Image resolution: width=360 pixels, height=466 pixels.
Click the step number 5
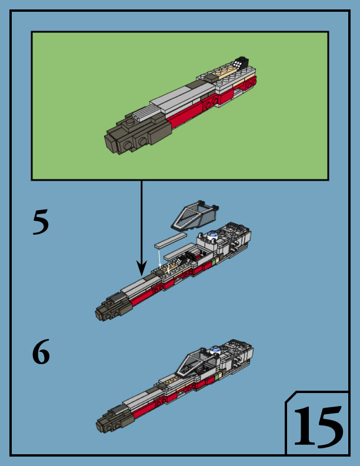pos(41,222)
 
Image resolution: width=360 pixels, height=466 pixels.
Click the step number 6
pos(41,352)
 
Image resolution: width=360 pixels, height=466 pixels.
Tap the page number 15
pos(318,427)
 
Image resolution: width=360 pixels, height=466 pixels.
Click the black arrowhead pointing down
pos(142,268)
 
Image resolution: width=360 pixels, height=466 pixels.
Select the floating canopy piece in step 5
pos(194,216)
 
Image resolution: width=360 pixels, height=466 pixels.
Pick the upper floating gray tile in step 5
pos(171,241)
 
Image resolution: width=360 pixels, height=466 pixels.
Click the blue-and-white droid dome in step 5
pos(213,235)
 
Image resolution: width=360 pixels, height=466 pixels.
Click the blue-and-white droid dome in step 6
pos(215,350)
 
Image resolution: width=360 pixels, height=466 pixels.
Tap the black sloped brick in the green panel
pos(241,62)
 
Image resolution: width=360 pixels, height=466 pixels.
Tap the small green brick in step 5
pos(214,262)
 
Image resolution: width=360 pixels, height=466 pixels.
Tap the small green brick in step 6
pos(216,377)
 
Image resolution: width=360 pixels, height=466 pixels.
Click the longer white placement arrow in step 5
pos(160,258)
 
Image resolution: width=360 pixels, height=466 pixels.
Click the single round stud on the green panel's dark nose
pos(130,122)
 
